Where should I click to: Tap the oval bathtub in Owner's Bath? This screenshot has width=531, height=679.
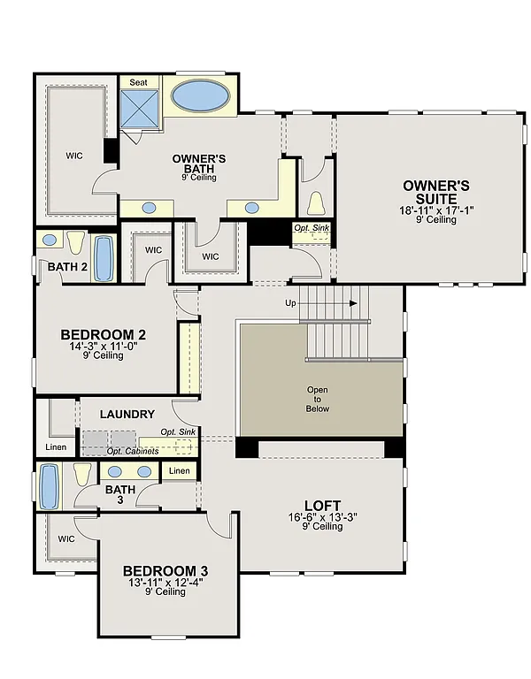(200, 95)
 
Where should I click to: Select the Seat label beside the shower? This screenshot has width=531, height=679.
(138, 81)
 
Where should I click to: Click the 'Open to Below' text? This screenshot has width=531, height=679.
(317, 399)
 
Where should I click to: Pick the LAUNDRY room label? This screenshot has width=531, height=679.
(127, 414)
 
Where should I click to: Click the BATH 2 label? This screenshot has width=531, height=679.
(66, 266)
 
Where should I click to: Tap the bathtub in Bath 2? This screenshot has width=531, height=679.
(104, 257)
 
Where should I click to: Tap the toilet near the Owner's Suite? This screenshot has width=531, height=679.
(316, 203)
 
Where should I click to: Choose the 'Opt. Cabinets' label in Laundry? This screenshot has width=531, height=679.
(133, 451)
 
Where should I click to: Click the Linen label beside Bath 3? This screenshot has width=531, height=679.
(180, 471)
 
